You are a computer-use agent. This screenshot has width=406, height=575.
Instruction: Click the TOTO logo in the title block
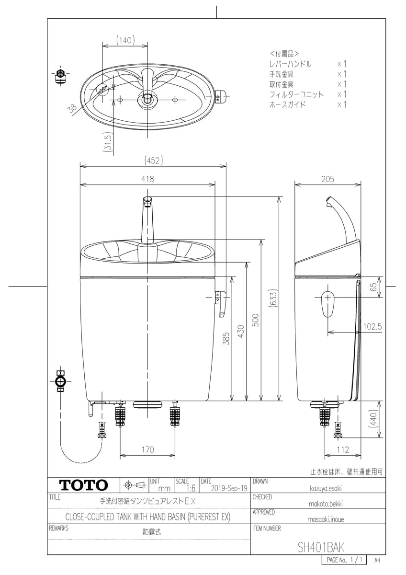[x=83, y=485]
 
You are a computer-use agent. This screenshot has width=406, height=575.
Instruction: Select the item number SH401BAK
[x=321, y=547]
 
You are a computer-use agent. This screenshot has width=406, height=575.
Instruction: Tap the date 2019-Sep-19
[x=229, y=488]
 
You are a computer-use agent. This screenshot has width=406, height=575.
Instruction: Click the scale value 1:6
[x=191, y=488]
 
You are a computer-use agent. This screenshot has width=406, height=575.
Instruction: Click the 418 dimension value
[x=147, y=179]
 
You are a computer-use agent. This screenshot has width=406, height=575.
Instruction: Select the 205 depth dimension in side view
[x=327, y=179]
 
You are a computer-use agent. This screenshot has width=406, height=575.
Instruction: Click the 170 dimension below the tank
[x=147, y=449]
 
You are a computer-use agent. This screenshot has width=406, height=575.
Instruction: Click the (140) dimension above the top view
[x=124, y=41]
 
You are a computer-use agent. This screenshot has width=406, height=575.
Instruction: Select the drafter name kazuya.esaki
[x=319, y=488]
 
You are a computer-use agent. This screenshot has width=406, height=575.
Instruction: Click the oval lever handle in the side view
[x=327, y=303]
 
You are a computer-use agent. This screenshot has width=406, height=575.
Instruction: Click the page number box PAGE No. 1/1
[x=346, y=560]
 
